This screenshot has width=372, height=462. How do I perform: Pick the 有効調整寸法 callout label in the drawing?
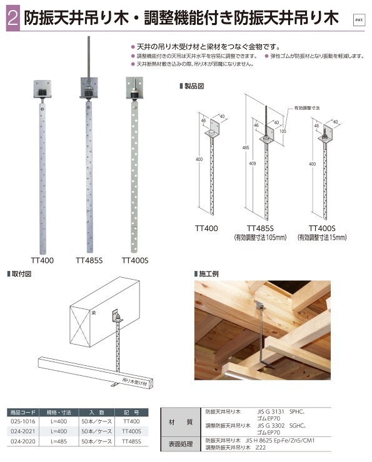click(308, 108)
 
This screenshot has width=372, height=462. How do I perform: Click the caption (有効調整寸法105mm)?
click(259, 238)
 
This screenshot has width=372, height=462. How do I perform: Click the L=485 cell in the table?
click(58, 441)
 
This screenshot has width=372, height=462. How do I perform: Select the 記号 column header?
click(131, 412)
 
